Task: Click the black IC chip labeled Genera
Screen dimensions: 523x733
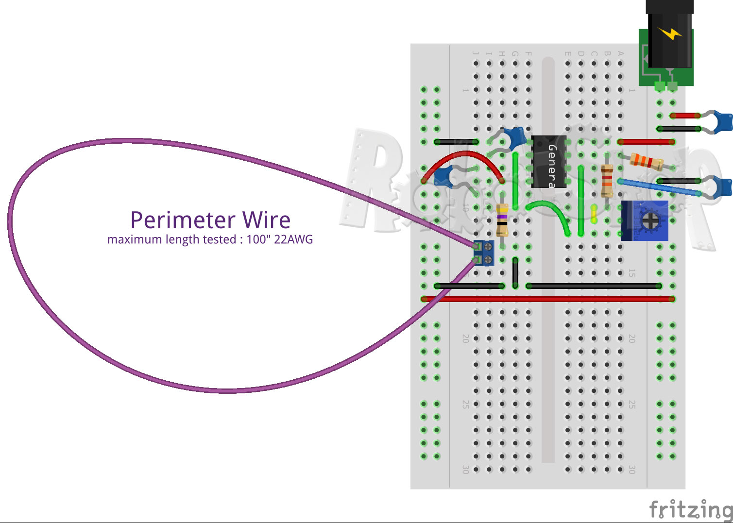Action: [548, 162]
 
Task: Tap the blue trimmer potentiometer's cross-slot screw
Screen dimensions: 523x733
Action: [649, 221]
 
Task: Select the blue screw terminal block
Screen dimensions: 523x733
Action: [484, 253]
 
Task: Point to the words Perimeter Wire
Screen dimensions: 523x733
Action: [210, 220]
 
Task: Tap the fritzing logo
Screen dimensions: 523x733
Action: [691, 509]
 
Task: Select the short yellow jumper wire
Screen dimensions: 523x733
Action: [594, 214]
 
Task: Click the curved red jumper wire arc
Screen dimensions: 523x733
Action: [461, 156]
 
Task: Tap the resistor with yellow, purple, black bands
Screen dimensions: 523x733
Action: [503, 219]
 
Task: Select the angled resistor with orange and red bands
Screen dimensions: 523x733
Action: [647, 162]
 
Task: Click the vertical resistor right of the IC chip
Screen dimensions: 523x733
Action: [607, 181]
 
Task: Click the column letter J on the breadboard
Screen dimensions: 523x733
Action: [476, 53]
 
